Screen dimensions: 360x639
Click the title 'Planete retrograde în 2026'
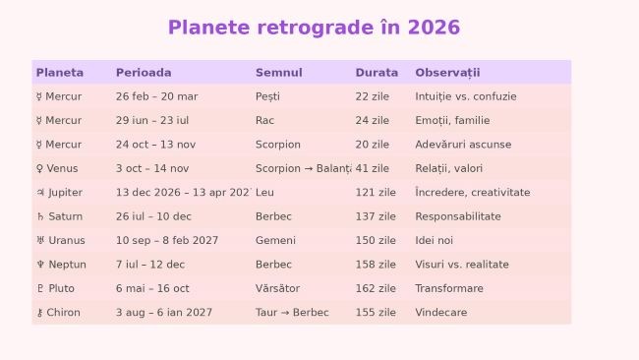[x=314, y=28]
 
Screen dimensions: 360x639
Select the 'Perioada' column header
[x=144, y=73]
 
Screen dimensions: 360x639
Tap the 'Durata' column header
[x=377, y=73]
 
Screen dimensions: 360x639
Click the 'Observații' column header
[x=447, y=73]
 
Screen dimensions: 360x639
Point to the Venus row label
[x=57, y=168]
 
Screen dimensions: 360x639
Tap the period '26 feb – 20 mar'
[x=156, y=96]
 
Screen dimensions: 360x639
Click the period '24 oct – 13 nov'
[x=155, y=145]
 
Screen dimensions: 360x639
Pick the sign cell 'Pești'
[x=267, y=96]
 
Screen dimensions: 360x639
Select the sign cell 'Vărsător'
[x=277, y=288]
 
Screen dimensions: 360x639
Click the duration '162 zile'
[x=376, y=288]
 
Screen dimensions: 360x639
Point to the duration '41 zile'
[x=373, y=168]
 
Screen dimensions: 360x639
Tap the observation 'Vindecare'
[x=440, y=313]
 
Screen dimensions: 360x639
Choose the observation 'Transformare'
[x=449, y=288]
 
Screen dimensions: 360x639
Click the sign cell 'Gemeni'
[x=275, y=241]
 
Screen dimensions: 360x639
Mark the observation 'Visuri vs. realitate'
[x=462, y=265]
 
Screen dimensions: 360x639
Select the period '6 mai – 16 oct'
[x=152, y=288]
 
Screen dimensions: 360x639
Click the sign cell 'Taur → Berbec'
[x=292, y=313]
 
